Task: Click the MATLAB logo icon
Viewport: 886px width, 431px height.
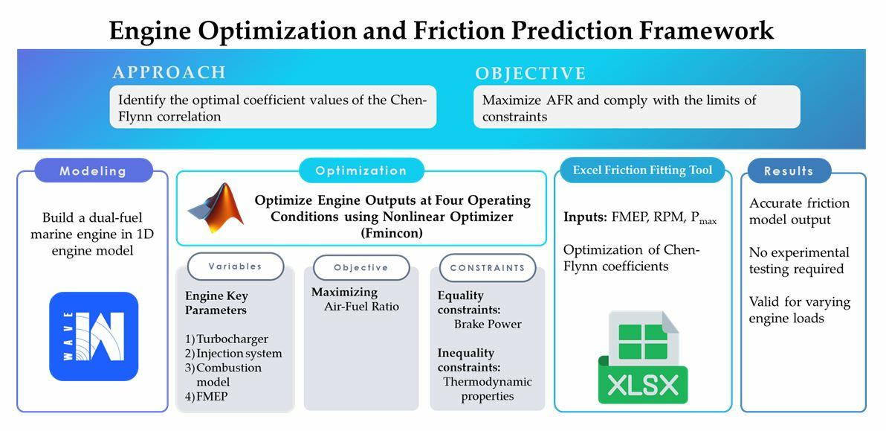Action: (x=216, y=208)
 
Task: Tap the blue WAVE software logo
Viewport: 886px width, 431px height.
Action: (x=94, y=336)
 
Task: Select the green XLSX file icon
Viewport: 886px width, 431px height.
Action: (x=643, y=357)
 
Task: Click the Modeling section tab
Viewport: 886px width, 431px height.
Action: (x=94, y=170)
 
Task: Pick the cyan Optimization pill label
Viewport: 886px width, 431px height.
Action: (x=361, y=170)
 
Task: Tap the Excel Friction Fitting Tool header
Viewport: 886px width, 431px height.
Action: (x=643, y=170)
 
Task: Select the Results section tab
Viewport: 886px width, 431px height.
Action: (x=789, y=170)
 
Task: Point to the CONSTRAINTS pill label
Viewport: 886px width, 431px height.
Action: (x=487, y=267)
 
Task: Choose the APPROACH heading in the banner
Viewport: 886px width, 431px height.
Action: (x=169, y=72)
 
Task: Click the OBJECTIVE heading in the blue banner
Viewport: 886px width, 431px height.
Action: (x=531, y=74)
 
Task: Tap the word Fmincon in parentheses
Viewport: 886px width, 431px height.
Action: (x=360, y=232)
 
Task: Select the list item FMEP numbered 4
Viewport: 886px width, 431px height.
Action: (x=207, y=397)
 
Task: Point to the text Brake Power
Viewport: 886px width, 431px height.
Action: (x=488, y=325)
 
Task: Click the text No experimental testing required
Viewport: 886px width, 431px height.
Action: (x=799, y=261)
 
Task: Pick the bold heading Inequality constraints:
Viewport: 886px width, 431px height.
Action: (x=465, y=360)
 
